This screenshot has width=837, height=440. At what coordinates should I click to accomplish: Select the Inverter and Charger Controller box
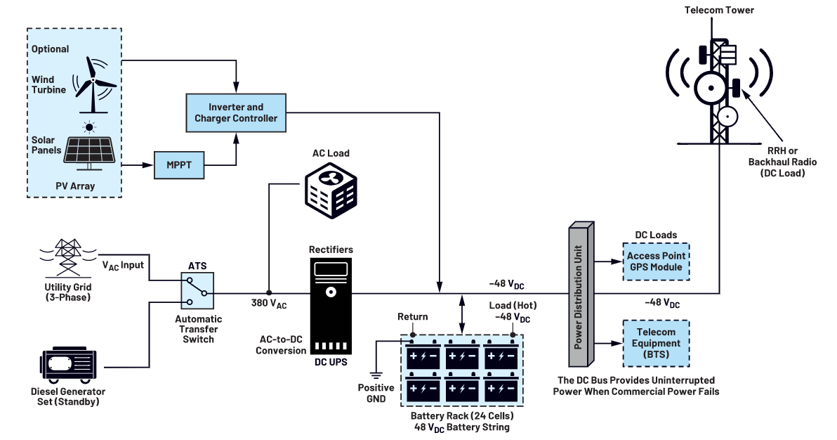[x=236, y=112]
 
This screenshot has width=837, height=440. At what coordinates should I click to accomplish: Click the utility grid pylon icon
[x=68, y=257]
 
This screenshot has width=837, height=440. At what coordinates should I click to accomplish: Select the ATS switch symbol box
[x=197, y=292]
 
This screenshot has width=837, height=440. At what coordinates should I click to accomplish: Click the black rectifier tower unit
[x=330, y=308]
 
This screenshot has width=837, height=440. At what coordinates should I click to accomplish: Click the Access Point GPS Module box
[x=657, y=261]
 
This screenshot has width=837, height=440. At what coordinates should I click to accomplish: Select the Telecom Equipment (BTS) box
[x=657, y=344]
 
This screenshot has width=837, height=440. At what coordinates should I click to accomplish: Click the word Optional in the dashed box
[x=50, y=49]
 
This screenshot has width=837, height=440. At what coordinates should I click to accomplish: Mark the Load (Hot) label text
[x=512, y=306]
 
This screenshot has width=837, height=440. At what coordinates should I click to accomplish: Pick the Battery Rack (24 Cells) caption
[x=462, y=415]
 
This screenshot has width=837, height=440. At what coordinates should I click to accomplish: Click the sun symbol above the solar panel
[x=89, y=127]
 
